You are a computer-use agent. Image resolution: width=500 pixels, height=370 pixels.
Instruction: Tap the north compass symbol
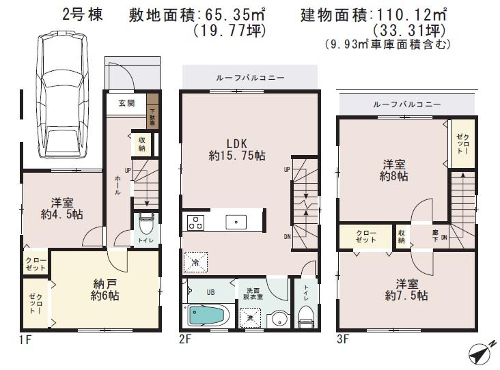tap(480, 353)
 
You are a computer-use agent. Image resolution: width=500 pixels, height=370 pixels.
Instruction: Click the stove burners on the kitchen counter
tap(195, 221)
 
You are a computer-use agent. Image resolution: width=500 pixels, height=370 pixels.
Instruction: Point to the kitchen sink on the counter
tap(236, 221)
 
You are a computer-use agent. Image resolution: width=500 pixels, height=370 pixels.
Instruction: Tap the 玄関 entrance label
tap(126, 103)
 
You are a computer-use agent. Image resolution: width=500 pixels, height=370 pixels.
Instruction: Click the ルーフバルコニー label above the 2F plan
tap(249, 77)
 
